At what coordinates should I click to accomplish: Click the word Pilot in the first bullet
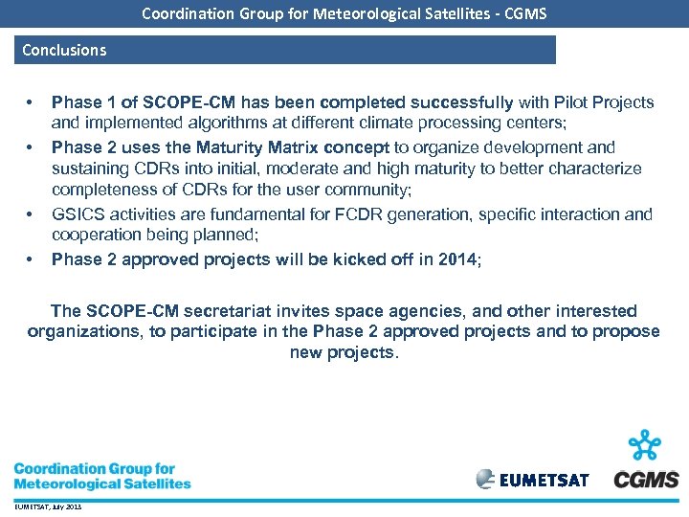[542, 102]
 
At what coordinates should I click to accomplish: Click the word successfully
[459, 102]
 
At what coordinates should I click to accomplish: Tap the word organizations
[81, 332]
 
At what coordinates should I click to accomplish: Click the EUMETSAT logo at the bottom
[533, 479]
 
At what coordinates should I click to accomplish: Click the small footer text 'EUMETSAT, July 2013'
[48, 506]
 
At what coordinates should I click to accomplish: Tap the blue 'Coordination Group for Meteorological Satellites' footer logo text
[101, 476]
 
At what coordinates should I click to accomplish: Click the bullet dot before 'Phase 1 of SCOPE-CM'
[31, 102]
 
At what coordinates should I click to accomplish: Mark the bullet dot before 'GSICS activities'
[31, 214]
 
